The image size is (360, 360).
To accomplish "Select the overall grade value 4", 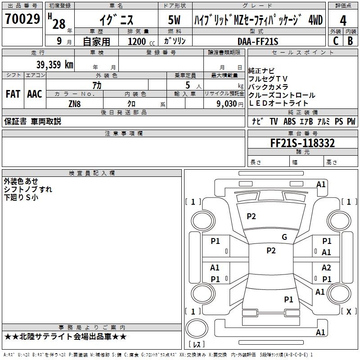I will pos(343,21).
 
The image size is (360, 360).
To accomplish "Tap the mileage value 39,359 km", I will pos(54,65).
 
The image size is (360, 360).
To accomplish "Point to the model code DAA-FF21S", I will pos(258,41).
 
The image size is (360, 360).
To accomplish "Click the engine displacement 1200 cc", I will pos(137,41).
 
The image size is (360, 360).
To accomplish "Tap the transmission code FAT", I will pos(13,94).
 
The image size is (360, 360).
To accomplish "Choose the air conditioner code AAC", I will pos(35,94).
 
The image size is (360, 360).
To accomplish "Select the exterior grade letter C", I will pos(335,41).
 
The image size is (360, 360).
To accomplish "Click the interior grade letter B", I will pos(350,41).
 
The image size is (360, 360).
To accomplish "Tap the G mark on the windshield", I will pos(284,237).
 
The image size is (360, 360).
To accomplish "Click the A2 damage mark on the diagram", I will pos(326,268).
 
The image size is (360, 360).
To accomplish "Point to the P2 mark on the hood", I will pos(251,216).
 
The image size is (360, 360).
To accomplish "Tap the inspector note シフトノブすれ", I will pos(28,189).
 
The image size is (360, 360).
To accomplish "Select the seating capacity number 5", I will pos(187,85).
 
